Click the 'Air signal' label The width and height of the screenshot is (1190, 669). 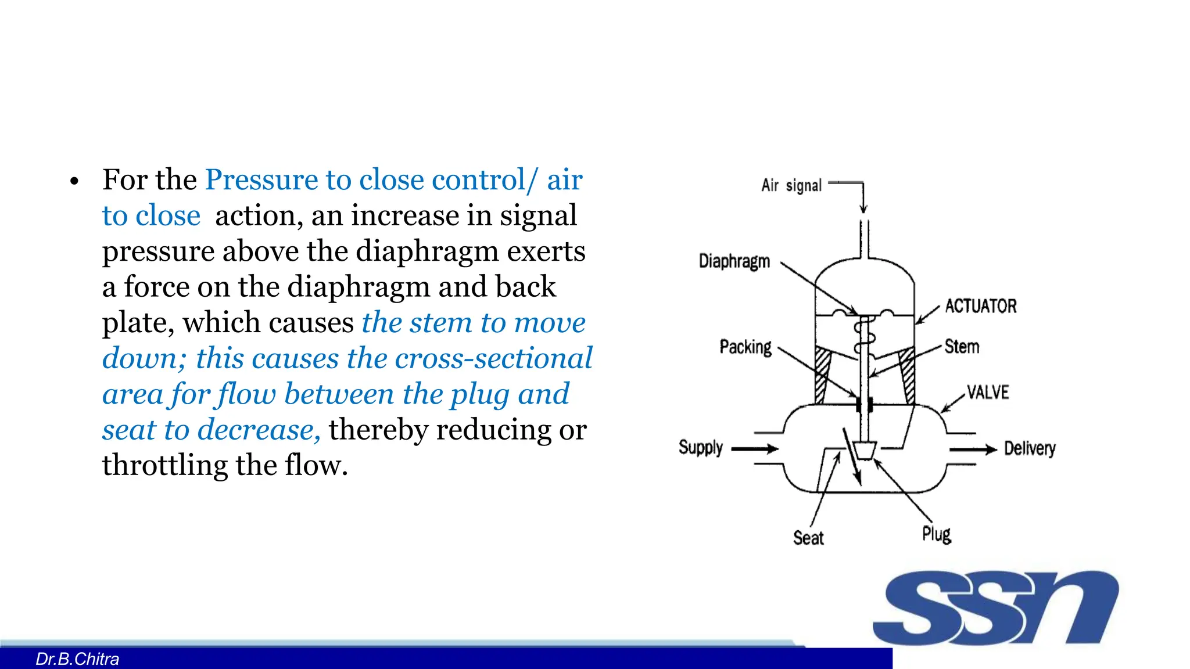tap(791, 186)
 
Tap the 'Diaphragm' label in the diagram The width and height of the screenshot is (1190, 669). tap(734, 261)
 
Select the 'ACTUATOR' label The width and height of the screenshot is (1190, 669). tap(981, 306)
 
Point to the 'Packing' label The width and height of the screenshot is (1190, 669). tap(745, 347)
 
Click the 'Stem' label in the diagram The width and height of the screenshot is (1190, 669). tap(962, 347)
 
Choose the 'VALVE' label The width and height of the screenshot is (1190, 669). tap(988, 393)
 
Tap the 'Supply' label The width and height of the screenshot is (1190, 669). tap(701, 448)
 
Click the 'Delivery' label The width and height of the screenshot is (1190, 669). tap(1030, 448)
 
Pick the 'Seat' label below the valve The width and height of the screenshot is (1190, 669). tap(808, 538)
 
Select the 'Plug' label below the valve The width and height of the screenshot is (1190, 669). tap(937, 534)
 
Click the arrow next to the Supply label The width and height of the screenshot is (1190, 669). tap(755, 449)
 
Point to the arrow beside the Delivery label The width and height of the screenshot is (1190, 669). tap(973, 449)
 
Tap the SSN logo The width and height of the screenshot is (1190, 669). tap(995, 607)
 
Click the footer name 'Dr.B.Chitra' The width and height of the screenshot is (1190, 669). tap(77, 659)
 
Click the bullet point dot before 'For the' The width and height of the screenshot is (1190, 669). tap(74, 182)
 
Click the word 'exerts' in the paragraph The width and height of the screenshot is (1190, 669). tap(546, 251)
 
